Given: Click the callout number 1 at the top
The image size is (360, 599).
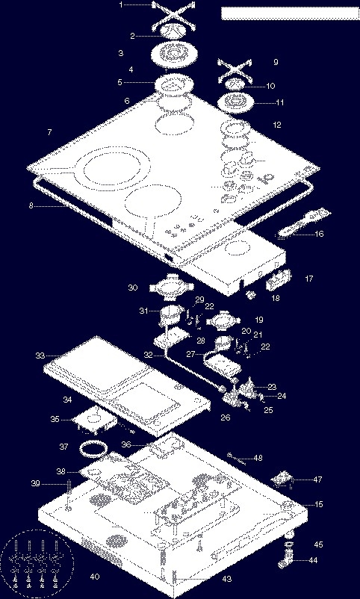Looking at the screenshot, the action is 121,5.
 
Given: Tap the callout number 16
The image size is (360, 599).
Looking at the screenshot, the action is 319,234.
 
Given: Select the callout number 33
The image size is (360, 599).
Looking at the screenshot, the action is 40,356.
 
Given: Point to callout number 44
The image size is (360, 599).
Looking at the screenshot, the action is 313,560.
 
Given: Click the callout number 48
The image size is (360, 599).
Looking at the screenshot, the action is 258,458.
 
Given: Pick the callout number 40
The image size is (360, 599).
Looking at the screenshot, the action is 94,576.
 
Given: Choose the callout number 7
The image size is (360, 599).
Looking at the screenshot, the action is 49,132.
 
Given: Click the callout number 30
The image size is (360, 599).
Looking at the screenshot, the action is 133,288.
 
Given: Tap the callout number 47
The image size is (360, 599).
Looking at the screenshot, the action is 317,479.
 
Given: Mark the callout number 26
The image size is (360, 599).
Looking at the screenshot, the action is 226,418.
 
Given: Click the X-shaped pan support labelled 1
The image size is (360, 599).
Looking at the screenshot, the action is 170,14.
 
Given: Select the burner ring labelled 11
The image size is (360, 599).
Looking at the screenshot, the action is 235,102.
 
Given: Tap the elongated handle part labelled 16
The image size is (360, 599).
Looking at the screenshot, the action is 304,222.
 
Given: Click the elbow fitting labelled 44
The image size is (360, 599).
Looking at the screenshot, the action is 285,559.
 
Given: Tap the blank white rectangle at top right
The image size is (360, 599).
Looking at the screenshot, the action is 290,13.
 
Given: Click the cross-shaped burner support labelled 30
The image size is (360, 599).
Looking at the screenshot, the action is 171,287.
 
